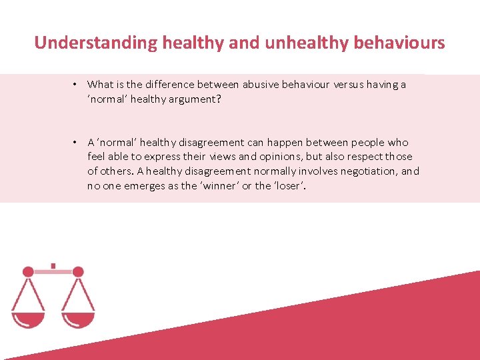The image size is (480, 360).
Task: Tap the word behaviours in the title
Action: [403, 43]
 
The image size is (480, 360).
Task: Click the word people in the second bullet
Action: [369, 142]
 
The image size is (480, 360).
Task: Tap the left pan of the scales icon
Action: [28, 319]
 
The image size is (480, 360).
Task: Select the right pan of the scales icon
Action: [78, 319]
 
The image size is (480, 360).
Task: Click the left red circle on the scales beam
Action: [28, 271]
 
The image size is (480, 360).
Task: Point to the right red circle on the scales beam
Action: [78, 271]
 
